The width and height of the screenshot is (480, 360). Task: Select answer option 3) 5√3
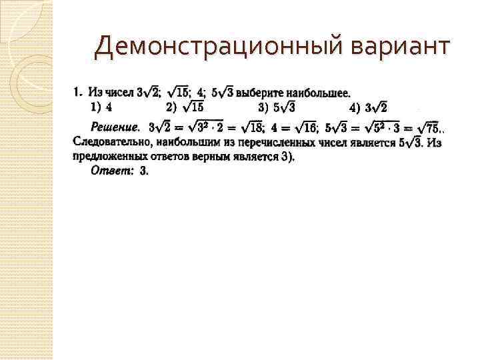pyautogui.click(x=277, y=107)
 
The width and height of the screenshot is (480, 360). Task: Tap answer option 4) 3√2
pyautogui.click(x=368, y=107)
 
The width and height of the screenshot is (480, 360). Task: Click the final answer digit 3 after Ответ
pyautogui.click(x=143, y=171)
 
